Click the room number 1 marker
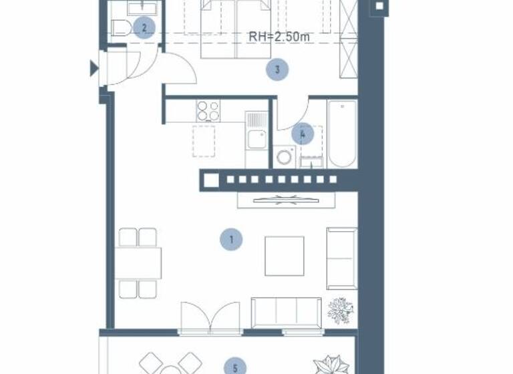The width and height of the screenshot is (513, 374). (x=231, y=239)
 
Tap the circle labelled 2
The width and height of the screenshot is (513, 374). (x=144, y=28)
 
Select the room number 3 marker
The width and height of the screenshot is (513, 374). (x=277, y=69)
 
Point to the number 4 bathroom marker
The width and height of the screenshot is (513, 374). (x=303, y=134)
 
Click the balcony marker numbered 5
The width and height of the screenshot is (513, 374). (x=234, y=367)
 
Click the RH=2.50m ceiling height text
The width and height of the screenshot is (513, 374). (x=279, y=37)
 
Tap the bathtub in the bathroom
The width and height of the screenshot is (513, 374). (x=342, y=134)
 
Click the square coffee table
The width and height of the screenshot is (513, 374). (x=284, y=256)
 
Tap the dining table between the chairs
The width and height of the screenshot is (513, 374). (x=138, y=263)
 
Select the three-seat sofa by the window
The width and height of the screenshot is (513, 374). (x=286, y=312)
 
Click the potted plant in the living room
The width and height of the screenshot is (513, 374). (x=340, y=311)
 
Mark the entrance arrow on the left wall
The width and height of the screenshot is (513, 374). (x=94, y=67)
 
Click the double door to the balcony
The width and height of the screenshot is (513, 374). (x=210, y=318)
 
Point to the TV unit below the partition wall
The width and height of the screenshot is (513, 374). (x=286, y=200)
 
